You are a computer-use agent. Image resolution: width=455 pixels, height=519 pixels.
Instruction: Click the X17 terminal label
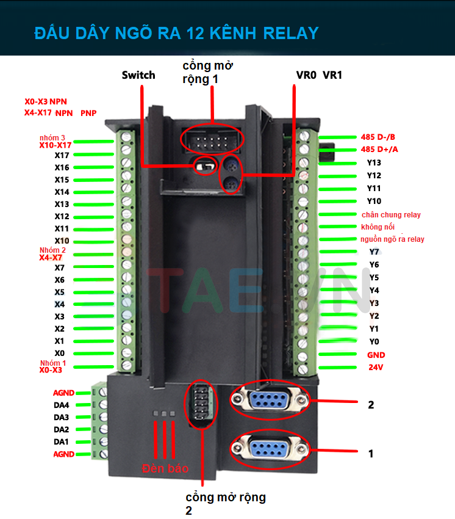(x=62, y=155)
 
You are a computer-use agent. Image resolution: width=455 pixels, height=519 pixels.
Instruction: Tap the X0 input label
(x=59, y=354)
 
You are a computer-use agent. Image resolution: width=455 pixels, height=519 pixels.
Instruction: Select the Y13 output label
(x=374, y=162)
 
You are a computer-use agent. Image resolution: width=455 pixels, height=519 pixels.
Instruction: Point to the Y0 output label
(x=374, y=342)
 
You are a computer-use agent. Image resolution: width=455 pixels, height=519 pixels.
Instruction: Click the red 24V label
(x=375, y=368)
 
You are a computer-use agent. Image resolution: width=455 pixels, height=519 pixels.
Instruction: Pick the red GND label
(x=376, y=355)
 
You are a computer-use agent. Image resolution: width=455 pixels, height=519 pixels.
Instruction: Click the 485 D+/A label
(x=378, y=150)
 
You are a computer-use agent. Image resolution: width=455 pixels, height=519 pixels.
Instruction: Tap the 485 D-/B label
(x=378, y=137)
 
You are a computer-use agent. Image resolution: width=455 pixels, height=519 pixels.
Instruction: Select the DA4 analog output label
(x=61, y=405)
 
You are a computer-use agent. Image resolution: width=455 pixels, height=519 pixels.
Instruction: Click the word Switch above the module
(x=138, y=75)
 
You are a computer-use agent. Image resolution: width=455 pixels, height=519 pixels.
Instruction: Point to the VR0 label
(x=306, y=75)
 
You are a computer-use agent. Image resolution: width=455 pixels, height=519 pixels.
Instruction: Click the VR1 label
(x=332, y=75)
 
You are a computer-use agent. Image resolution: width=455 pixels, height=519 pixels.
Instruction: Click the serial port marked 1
(x=268, y=449)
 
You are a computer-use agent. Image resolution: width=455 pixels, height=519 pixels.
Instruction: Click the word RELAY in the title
(x=289, y=32)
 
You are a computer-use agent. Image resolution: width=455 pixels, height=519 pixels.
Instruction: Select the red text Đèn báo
(x=165, y=469)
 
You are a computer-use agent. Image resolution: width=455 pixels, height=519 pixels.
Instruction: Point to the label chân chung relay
(x=391, y=214)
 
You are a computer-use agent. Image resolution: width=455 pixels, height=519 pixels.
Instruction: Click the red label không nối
(x=378, y=227)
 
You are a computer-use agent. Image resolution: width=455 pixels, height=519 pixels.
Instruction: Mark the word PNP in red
(x=88, y=113)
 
